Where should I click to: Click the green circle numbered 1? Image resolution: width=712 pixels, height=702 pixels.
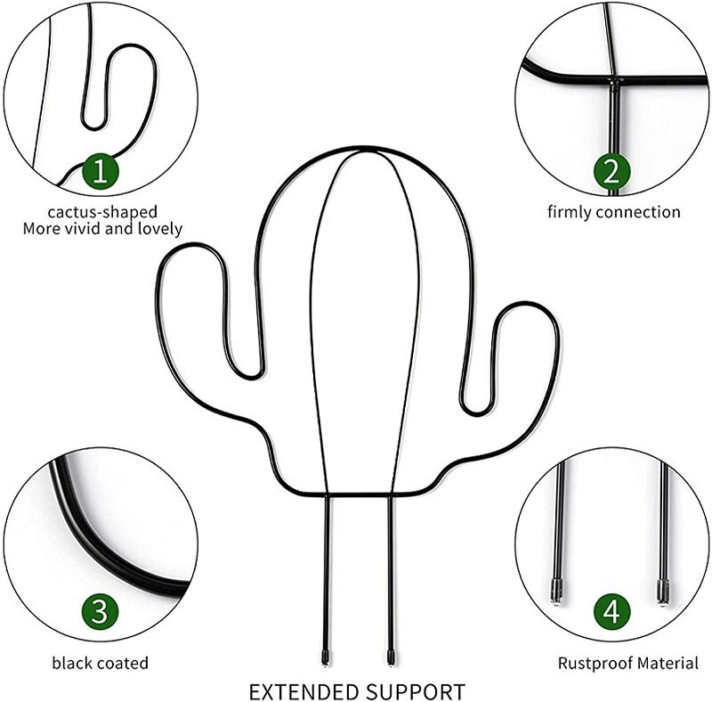[x=101, y=171]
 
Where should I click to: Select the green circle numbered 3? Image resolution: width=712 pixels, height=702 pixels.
[x=101, y=612]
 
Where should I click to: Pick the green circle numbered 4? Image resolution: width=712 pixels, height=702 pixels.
[x=611, y=612]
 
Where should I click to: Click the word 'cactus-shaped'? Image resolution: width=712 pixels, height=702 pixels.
[x=102, y=212]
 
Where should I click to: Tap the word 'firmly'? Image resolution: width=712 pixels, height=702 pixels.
[x=570, y=212]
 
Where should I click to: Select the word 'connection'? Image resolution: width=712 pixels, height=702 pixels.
[x=638, y=212]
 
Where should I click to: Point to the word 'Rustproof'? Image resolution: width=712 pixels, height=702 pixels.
[x=591, y=663]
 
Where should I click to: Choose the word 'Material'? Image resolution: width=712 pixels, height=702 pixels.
[x=664, y=663]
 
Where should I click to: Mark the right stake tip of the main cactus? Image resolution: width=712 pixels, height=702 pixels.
[x=391, y=659]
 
